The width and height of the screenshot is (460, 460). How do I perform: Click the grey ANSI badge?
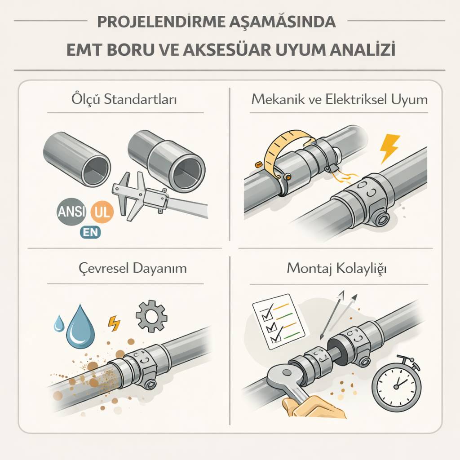[x=71, y=211]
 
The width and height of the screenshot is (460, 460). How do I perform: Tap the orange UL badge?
[x=102, y=211]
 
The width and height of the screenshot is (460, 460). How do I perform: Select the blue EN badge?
[x=90, y=232]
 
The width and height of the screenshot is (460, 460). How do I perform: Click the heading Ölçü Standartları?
[x=124, y=99]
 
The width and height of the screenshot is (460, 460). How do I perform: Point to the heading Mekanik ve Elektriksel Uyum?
[x=340, y=99]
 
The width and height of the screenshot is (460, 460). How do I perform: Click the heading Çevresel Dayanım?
[x=133, y=268]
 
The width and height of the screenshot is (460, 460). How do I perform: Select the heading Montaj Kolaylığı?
[x=336, y=269]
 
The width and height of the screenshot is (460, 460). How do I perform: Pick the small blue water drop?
[x=59, y=323]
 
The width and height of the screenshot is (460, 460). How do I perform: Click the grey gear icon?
[x=151, y=316]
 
